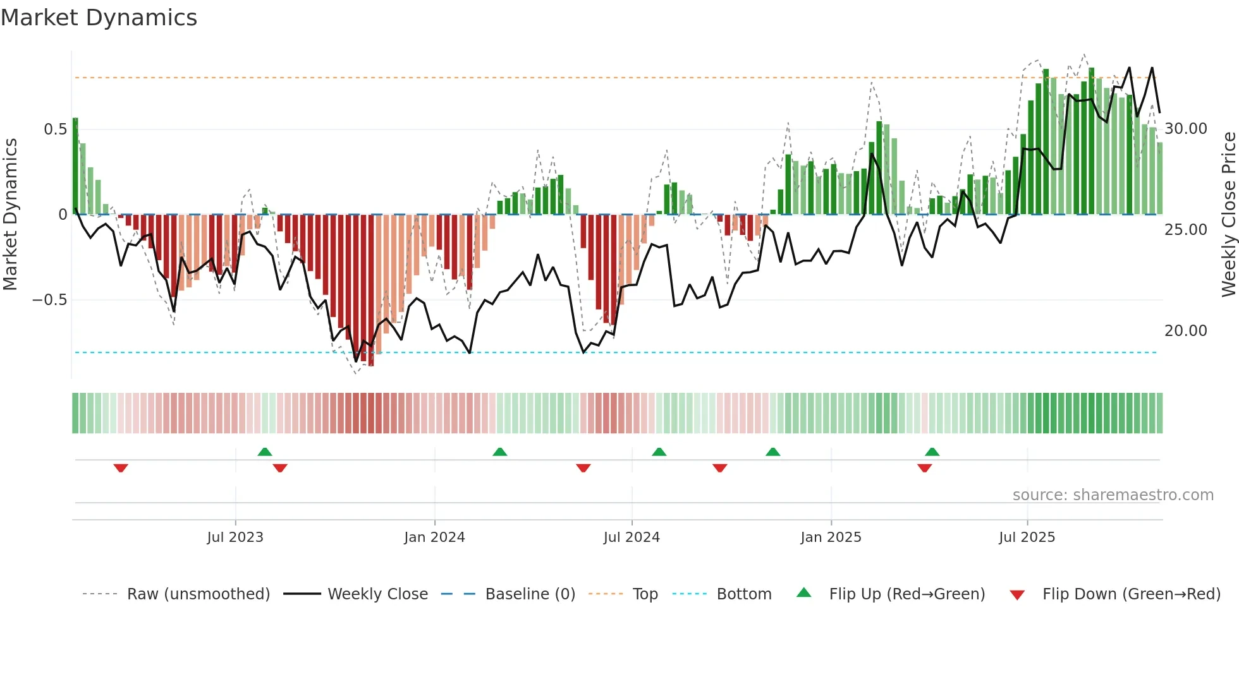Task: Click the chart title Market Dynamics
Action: click(99, 18)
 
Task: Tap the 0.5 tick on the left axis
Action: click(55, 129)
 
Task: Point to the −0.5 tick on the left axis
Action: click(50, 300)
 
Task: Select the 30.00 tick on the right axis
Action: click(1185, 129)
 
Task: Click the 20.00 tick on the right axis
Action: click(1185, 331)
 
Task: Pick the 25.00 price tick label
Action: click(1185, 230)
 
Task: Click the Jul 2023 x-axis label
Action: click(235, 537)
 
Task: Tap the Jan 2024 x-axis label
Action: click(434, 537)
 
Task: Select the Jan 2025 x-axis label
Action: click(831, 537)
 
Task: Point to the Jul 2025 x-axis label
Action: click(1027, 537)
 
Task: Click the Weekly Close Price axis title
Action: click(1228, 214)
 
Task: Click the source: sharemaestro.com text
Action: click(1113, 495)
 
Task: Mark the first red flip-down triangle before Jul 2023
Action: click(121, 468)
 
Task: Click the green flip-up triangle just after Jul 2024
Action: click(659, 452)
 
